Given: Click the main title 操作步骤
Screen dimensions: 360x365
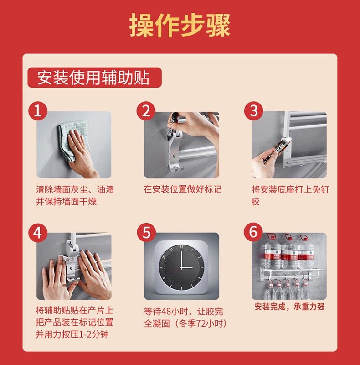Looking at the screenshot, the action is point(180,25).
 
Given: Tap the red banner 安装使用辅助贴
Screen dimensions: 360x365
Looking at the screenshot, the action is point(94,78).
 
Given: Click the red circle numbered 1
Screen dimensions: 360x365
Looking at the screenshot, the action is point(38,111).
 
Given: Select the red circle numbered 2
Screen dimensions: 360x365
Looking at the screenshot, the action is point(146,111).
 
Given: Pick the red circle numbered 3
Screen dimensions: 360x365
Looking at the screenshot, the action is point(253,111).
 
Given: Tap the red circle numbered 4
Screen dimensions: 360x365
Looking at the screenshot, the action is point(38,233).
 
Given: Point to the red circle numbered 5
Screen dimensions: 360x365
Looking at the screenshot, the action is point(146,233).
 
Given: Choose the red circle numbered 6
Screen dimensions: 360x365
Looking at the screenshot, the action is point(253,232).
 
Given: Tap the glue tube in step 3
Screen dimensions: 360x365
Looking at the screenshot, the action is point(277,150).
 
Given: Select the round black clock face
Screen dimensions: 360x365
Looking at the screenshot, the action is point(181,267).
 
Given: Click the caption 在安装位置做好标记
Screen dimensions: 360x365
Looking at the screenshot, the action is point(182,189).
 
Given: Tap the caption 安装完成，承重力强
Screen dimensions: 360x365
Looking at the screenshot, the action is point(289,307).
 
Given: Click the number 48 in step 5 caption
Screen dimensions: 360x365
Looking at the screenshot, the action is point(166,312).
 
